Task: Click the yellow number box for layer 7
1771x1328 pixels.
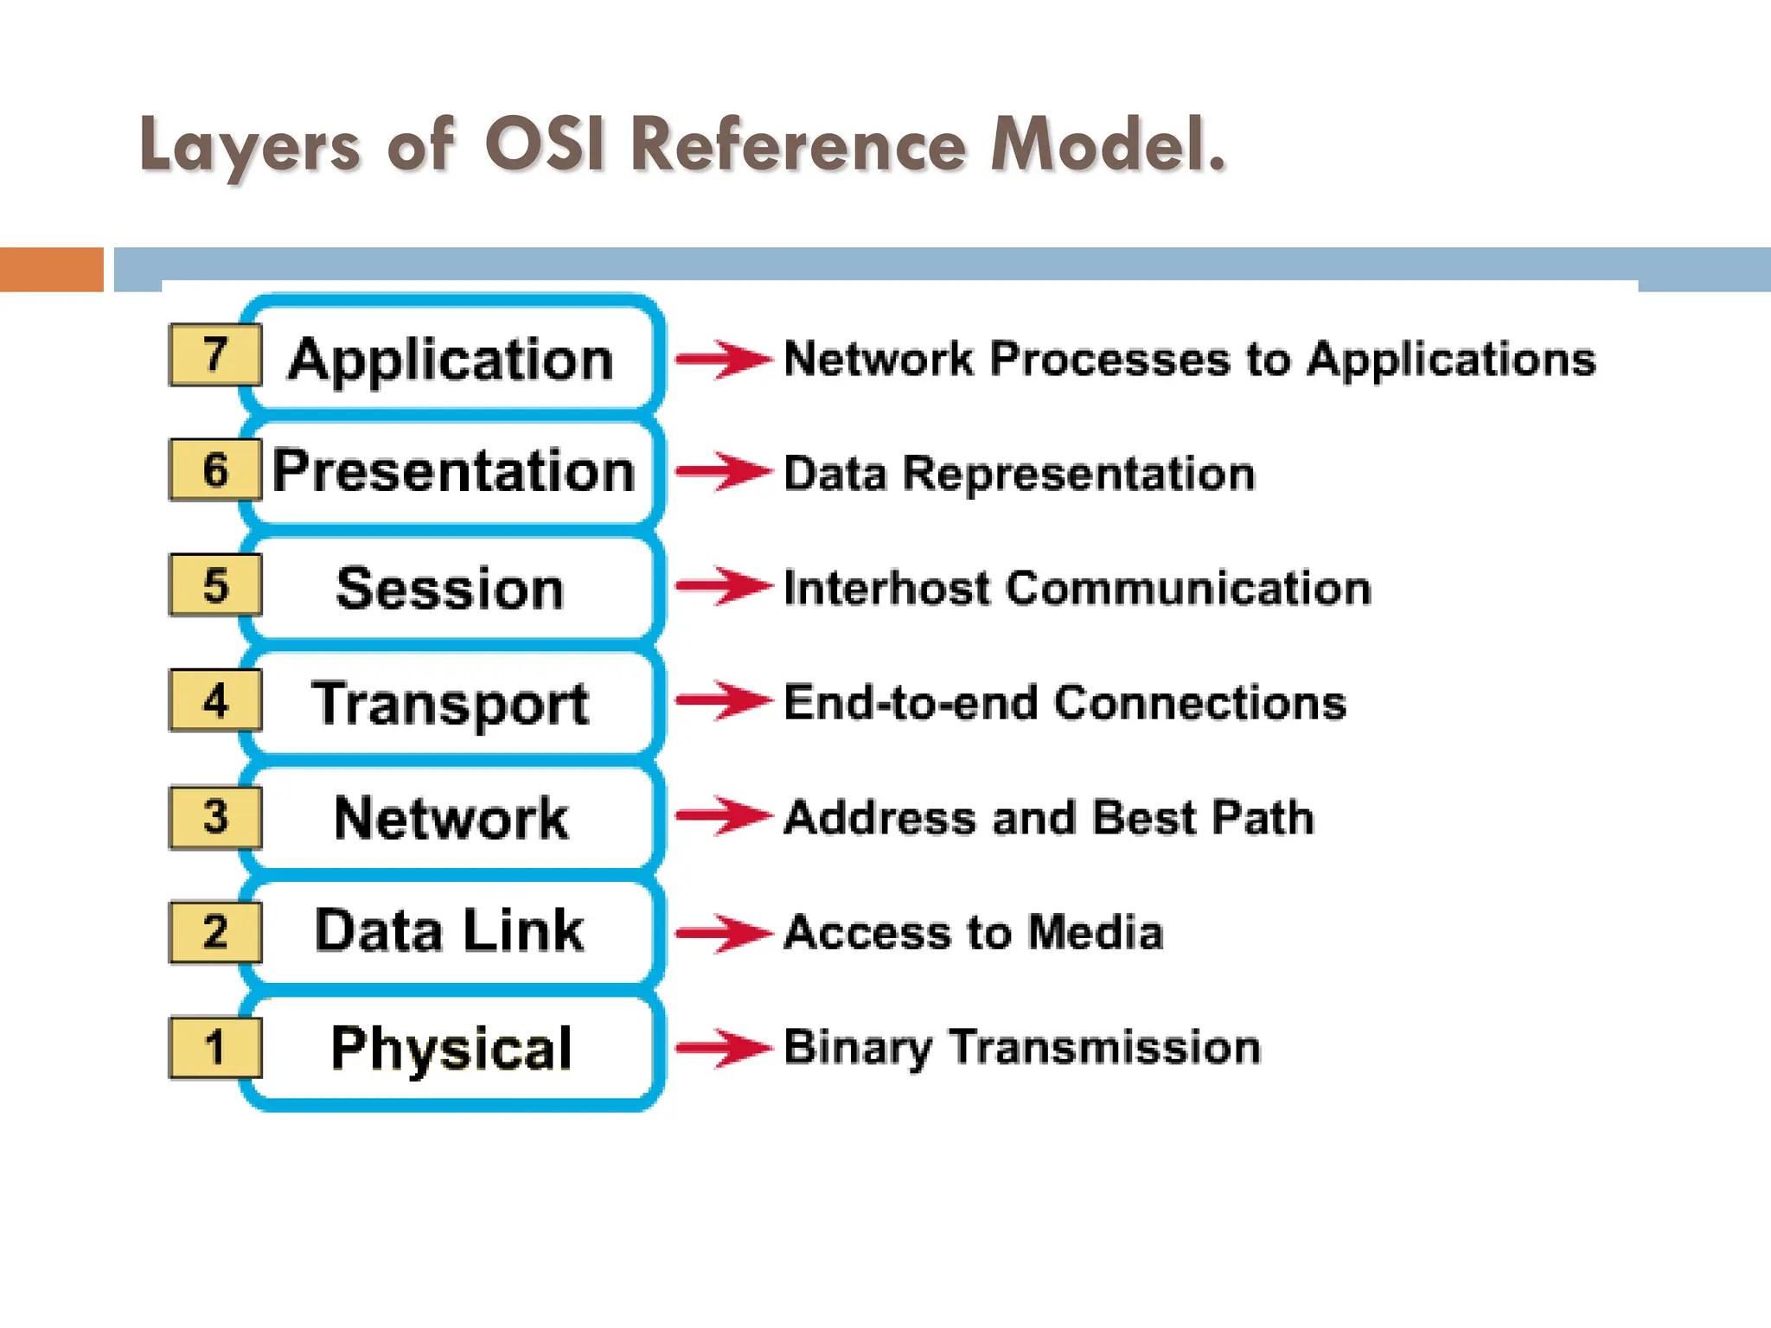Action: tap(215, 354)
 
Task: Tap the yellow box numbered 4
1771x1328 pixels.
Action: tap(215, 700)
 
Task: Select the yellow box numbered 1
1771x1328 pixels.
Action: tap(215, 1047)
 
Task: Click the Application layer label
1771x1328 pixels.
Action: tap(451, 360)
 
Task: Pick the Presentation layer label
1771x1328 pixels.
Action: tap(454, 472)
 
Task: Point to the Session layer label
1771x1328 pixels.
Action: tap(450, 589)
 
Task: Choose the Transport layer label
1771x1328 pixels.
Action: tap(451, 704)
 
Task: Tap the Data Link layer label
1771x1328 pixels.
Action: tap(449, 931)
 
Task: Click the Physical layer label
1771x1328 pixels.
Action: tap(451, 1048)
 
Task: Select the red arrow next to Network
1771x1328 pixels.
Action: tap(723, 816)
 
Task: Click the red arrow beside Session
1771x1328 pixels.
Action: tap(723, 586)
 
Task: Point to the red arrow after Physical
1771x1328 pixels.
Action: tap(723, 1048)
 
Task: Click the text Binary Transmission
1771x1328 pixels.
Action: tap(1022, 1048)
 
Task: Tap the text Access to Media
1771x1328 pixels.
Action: tap(973, 933)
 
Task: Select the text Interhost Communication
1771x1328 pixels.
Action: tap(1077, 589)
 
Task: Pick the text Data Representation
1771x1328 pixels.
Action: tap(1019, 474)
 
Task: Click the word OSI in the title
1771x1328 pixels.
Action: tap(544, 144)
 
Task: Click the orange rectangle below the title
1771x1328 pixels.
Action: tap(51, 269)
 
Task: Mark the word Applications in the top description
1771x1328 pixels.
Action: tap(1450, 360)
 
